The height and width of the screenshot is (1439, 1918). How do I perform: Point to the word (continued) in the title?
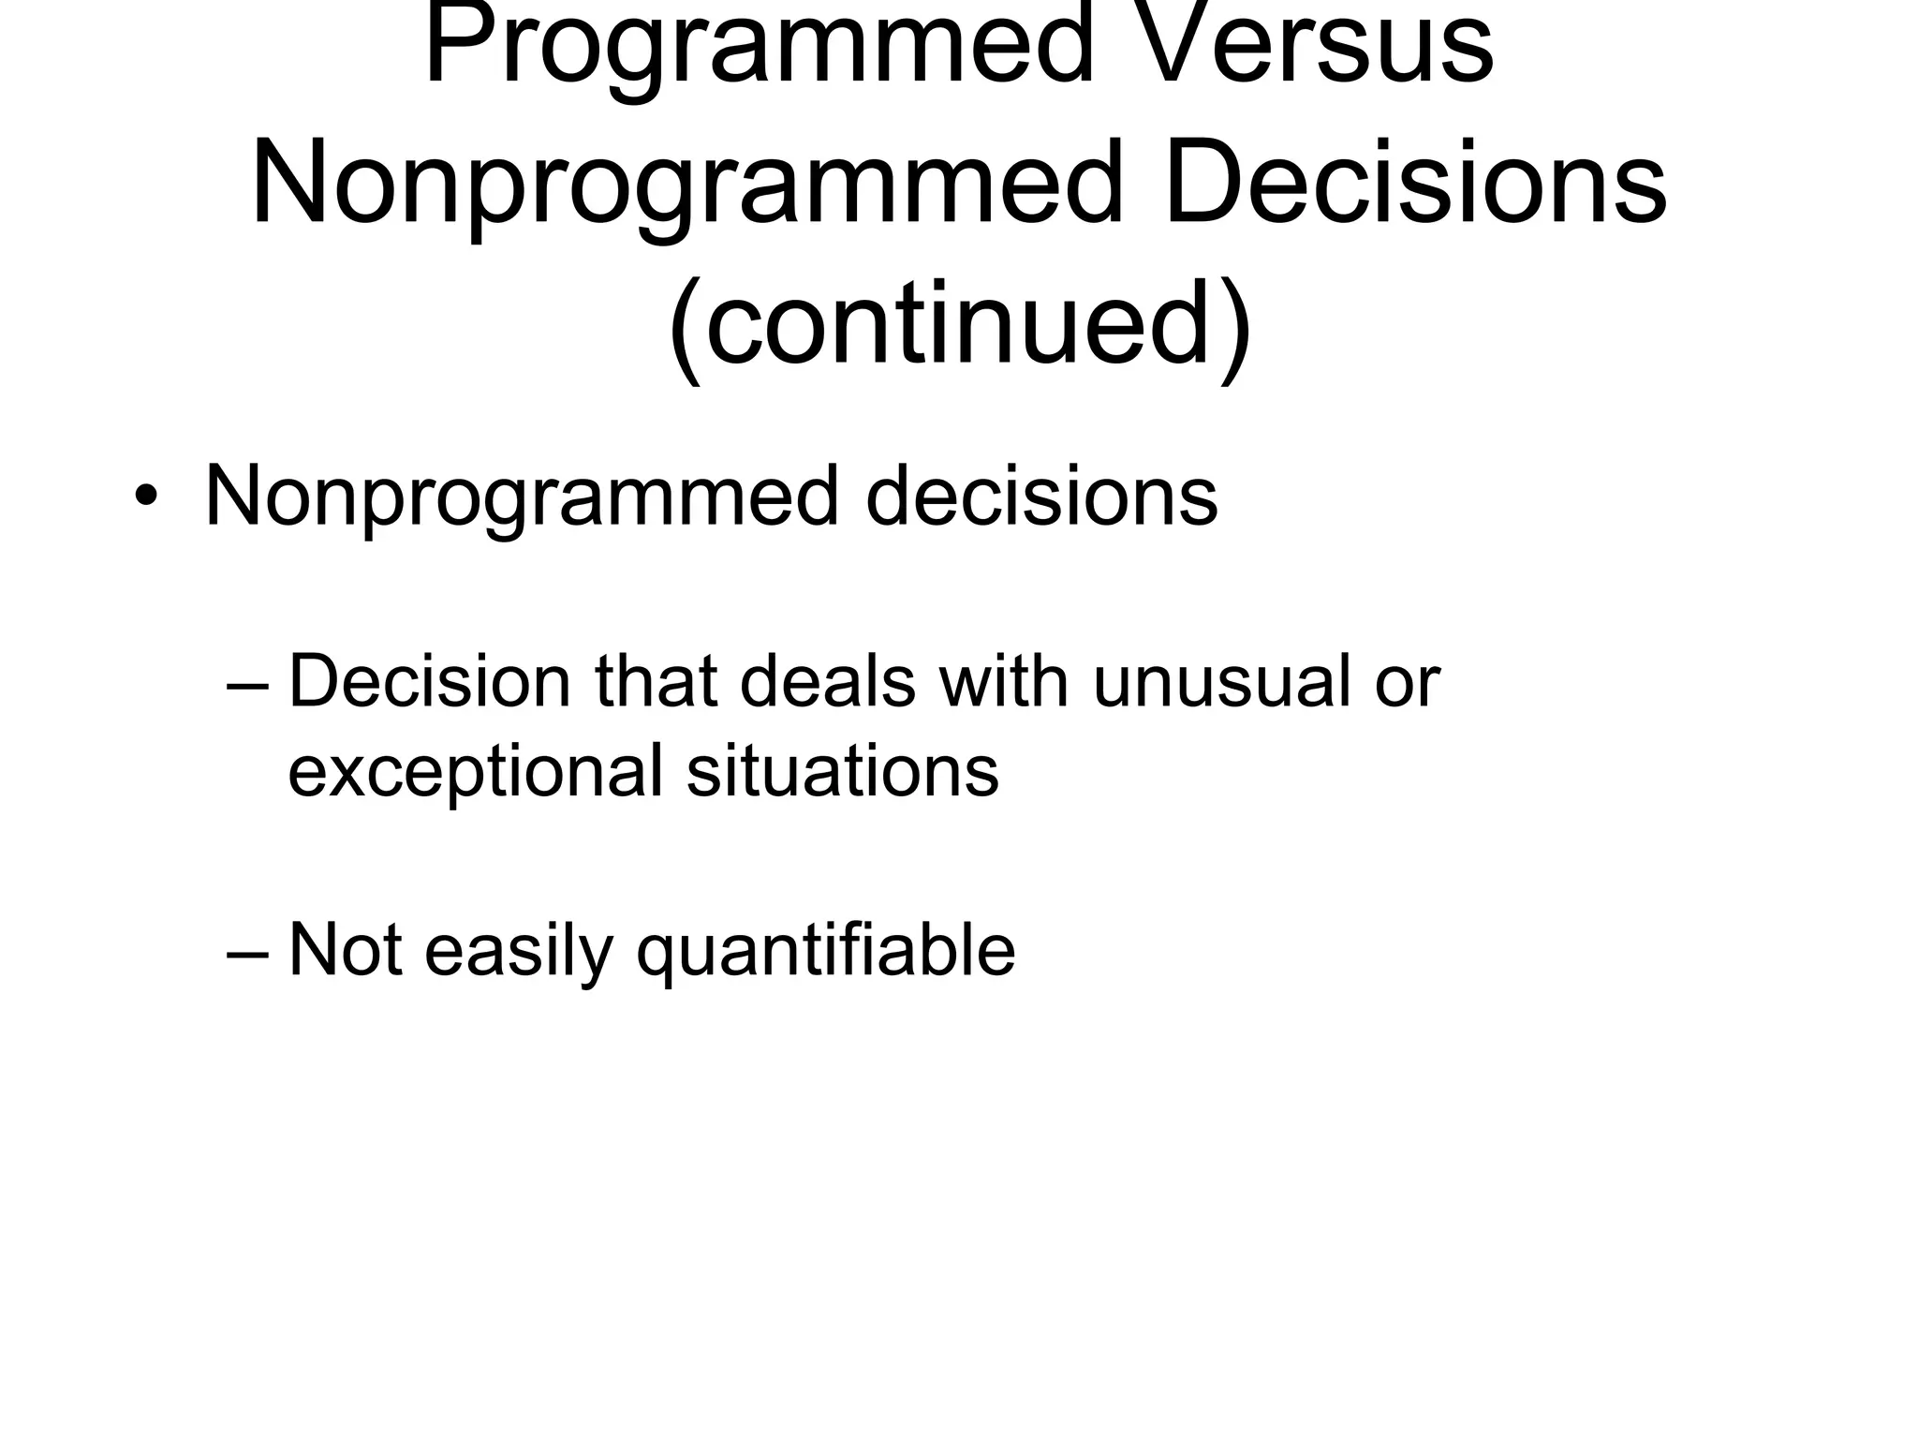(959, 326)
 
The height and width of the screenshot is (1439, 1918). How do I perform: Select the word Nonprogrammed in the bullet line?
(521, 497)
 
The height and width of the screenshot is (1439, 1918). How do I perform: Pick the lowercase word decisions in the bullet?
(1040, 497)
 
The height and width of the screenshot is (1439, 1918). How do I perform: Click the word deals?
(827, 682)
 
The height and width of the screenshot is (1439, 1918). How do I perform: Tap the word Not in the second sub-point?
(346, 950)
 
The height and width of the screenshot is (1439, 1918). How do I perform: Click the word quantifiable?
(825, 952)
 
